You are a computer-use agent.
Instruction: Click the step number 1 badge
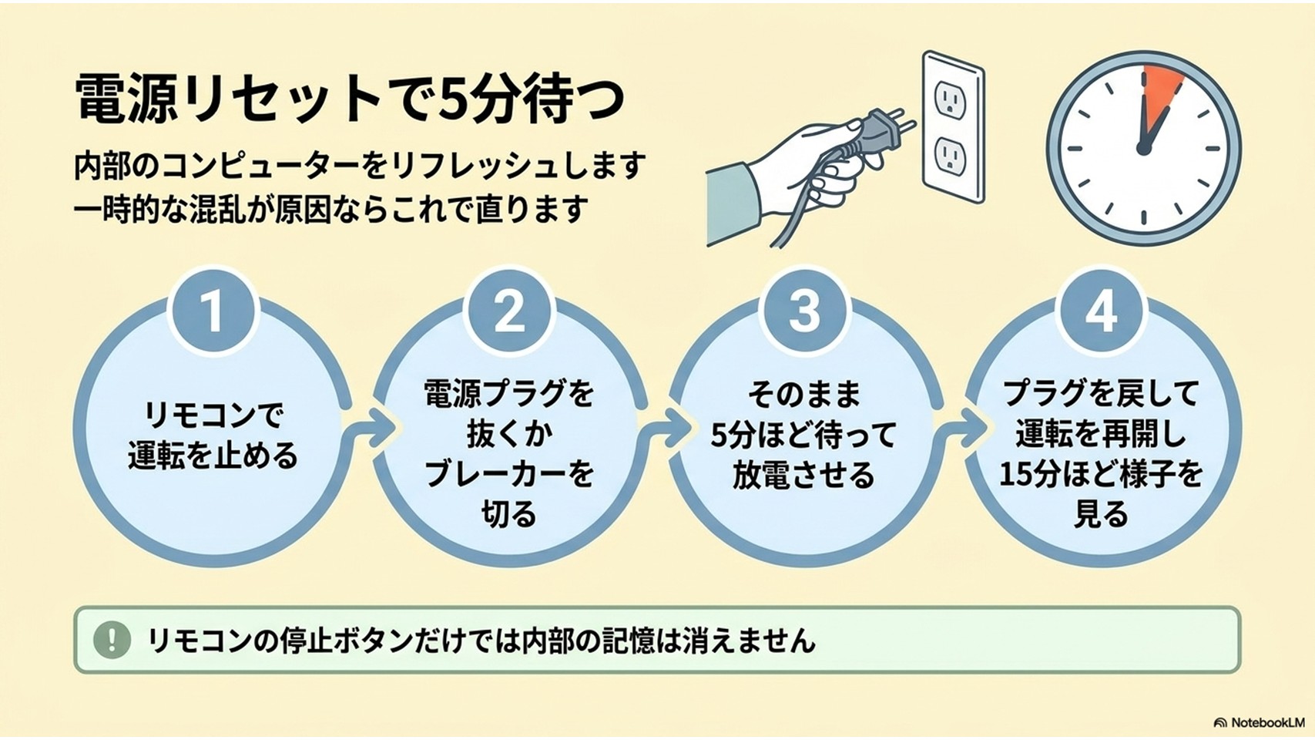[213, 311]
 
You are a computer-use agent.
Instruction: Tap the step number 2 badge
[509, 311]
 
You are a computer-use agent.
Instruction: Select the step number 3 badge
[804, 311]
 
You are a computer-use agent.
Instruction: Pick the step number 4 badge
[1101, 311]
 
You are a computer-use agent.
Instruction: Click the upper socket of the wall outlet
[948, 99]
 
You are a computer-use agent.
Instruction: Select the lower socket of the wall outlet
[948, 156]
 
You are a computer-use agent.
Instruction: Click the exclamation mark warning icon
[112, 640]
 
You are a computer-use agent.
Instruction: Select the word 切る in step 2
[509, 514]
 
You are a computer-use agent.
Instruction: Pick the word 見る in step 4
[1101, 514]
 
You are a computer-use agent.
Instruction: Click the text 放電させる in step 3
[803, 475]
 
